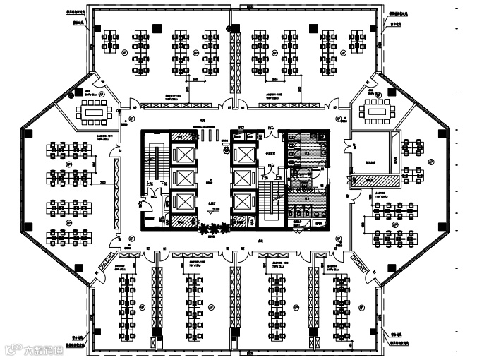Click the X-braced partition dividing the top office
point(236,64)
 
